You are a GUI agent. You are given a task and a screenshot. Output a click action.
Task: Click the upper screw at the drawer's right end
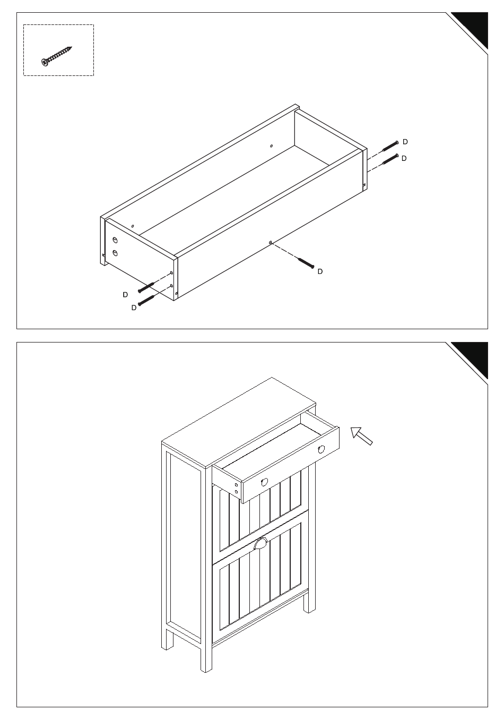(390, 146)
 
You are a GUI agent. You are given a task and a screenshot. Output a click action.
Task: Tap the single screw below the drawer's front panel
(306, 263)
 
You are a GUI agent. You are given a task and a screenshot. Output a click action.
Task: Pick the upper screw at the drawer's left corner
(146, 287)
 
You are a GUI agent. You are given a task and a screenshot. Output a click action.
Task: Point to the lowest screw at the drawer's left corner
(146, 300)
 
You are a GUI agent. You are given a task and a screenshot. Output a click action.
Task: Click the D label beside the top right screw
(405, 142)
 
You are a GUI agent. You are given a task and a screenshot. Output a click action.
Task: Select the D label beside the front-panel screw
(320, 271)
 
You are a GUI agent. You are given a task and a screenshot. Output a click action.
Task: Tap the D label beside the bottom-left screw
(134, 307)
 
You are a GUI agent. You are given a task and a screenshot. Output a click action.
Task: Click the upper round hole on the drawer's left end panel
(115, 240)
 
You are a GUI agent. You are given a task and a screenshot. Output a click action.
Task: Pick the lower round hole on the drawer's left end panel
(115, 253)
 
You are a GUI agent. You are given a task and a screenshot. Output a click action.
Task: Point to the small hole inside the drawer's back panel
(271, 145)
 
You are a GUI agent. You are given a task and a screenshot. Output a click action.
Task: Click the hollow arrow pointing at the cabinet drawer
(361, 436)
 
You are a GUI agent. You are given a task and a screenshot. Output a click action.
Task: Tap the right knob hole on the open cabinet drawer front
(321, 449)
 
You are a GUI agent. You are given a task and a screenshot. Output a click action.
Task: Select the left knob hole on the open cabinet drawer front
(265, 482)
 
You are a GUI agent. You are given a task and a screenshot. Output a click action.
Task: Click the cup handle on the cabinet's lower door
(260, 544)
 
